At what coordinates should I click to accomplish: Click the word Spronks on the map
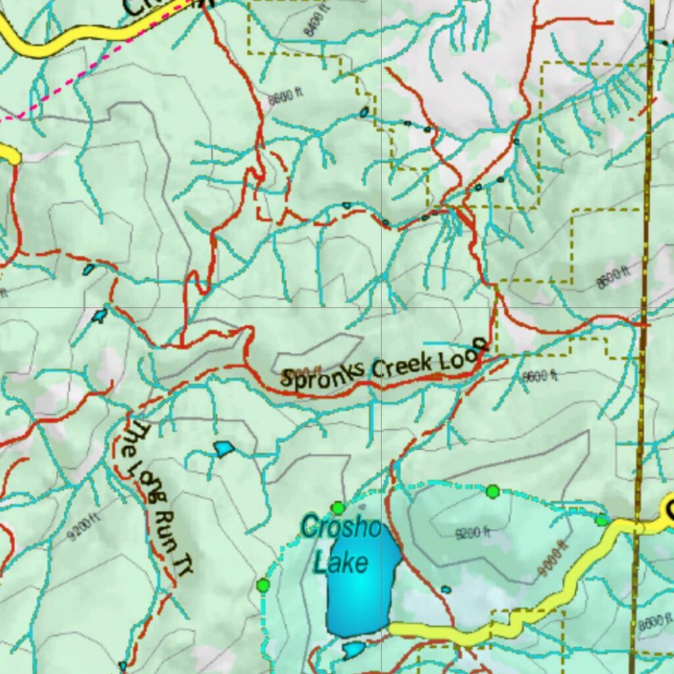[323, 374]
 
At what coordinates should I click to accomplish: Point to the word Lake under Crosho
[340, 563]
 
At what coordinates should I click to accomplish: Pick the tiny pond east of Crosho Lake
[446, 589]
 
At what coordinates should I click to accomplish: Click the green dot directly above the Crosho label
[338, 507]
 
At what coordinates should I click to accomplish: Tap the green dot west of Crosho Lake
[263, 584]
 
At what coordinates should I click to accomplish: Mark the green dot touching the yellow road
[601, 521]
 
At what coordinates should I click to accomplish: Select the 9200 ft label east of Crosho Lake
[473, 533]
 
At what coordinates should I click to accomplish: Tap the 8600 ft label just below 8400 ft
[285, 97]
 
